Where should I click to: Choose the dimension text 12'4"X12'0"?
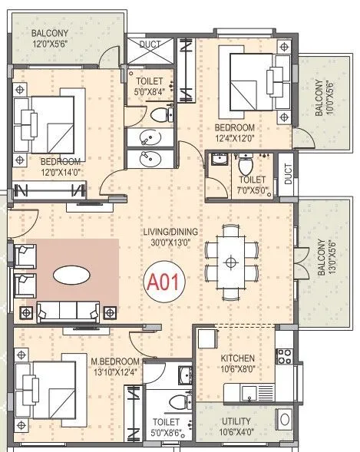234,138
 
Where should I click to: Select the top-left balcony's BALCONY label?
51,34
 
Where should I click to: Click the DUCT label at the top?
150,45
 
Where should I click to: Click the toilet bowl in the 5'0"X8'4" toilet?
160,115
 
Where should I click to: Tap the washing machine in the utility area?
283,420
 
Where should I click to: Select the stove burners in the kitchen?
284,356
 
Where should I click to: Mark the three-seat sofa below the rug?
70,311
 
